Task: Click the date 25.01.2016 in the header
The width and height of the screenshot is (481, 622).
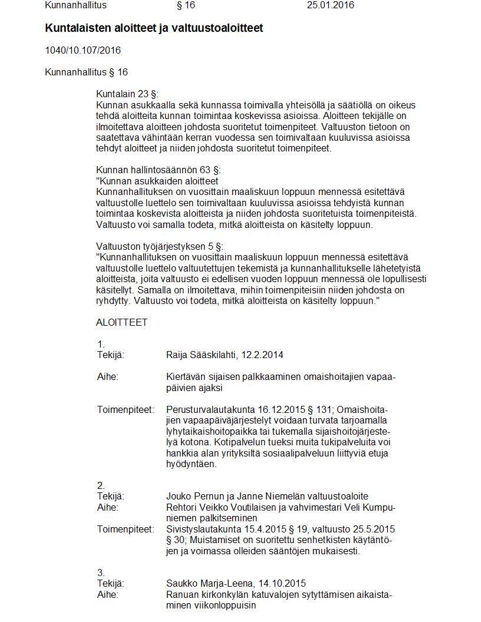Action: click(x=330, y=5)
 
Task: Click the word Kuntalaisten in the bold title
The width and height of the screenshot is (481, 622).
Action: click(x=75, y=28)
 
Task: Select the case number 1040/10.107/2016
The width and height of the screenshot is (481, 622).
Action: click(x=83, y=50)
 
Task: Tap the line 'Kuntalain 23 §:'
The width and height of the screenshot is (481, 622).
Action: click(x=127, y=94)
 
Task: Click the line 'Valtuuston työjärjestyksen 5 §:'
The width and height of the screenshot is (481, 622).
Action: click(x=160, y=246)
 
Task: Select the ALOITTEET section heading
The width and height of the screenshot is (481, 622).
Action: click(x=121, y=323)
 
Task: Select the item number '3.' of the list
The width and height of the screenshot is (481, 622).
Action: click(x=101, y=573)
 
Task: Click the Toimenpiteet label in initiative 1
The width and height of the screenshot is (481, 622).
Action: click(x=125, y=409)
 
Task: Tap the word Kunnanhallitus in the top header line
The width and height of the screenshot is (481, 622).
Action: click(x=76, y=5)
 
